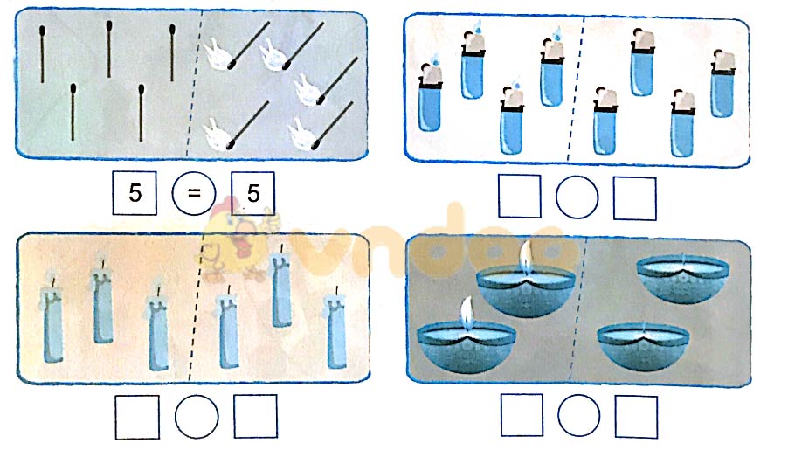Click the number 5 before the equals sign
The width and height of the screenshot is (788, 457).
click(135, 193)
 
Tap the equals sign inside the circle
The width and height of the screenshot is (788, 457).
click(193, 193)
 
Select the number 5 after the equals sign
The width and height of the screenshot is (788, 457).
click(252, 193)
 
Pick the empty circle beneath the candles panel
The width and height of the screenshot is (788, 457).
click(196, 417)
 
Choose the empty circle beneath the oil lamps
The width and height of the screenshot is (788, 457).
click(578, 416)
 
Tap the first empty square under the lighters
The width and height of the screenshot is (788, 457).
click(520, 197)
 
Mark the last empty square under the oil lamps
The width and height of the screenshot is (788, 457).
click(635, 416)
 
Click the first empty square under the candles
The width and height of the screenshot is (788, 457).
click(137, 417)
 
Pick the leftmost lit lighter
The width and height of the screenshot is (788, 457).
click(429, 98)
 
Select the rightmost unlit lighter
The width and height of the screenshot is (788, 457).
click(722, 85)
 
